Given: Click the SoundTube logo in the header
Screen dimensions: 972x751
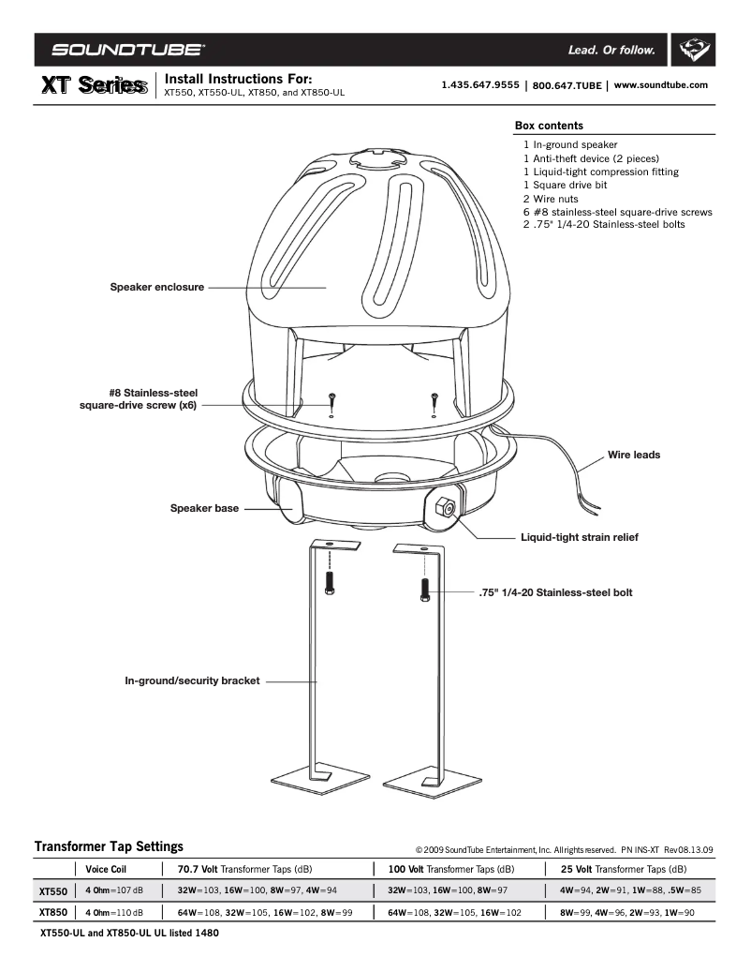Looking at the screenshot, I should [x=129, y=50].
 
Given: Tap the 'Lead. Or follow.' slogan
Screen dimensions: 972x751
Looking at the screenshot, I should [x=611, y=50].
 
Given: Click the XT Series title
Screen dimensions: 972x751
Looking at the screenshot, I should [x=93, y=86].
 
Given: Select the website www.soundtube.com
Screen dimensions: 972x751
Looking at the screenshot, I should [x=660, y=85].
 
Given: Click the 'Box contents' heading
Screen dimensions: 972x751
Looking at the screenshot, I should [x=549, y=126].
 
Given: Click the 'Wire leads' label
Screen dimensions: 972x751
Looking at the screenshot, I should [x=634, y=455].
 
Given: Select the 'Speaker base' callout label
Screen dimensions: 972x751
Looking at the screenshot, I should [x=204, y=508].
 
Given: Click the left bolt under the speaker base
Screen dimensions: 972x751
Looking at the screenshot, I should [x=329, y=582].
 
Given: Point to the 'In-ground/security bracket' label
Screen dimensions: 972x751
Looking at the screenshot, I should [x=192, y=680].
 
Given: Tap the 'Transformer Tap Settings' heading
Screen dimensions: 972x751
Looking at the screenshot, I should [x=109, y=846].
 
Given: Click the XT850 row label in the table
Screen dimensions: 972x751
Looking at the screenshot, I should [x=52, y=912].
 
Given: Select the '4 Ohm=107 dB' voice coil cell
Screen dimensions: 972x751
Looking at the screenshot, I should [x=114, y=890].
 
